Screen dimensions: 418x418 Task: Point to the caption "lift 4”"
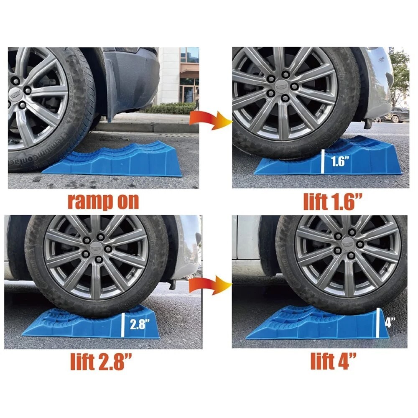click(x=333, y=361)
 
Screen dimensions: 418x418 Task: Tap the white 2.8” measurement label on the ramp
click(x=138, y=324)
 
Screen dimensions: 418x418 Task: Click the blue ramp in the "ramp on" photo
click(x=121, y=161)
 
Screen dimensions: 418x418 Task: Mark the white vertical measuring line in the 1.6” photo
click(x=323, y=162)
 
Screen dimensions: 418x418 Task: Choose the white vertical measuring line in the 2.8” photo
click(x=123, y=324)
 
